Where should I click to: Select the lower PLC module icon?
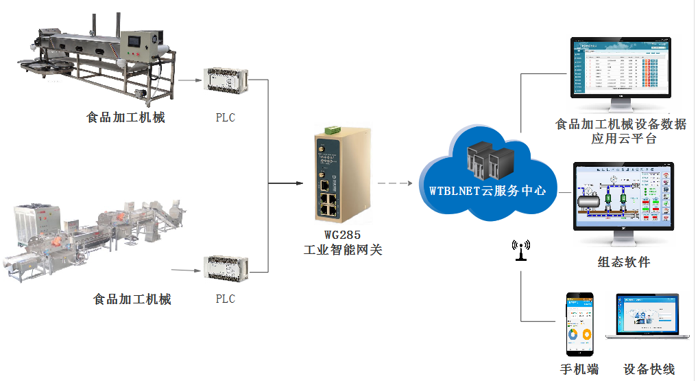click(225, 270)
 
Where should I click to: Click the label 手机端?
click(579, 369)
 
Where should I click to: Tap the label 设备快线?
click(649, 369)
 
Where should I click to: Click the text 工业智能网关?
click(343, 250)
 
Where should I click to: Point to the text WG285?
click(343, 235)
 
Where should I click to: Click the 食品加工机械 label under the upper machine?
click(125, 117)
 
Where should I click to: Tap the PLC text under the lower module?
click(225, 299)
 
